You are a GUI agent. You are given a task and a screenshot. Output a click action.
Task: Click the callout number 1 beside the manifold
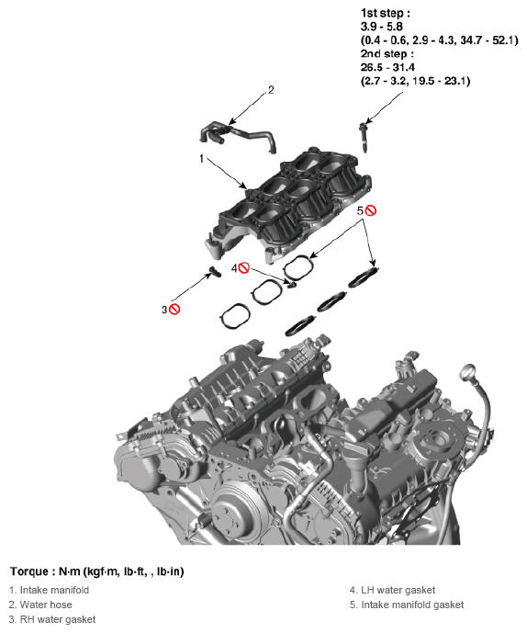pos(201,159)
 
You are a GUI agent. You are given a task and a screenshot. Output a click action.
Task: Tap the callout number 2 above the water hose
pos(270,90)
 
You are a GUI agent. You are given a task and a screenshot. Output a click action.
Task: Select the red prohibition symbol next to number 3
pos(174,310)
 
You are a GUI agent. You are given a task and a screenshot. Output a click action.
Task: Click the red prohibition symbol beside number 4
pos(244,267)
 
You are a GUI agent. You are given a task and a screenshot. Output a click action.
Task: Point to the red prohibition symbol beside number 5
pos(370,210)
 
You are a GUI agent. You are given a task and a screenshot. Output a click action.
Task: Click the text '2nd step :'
pos(387,54)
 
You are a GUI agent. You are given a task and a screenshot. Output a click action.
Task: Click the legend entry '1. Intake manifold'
pos(49,590)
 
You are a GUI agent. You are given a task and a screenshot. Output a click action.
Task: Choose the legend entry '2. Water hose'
pos(40,605)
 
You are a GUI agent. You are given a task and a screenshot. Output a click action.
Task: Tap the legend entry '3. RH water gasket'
pos(52,619)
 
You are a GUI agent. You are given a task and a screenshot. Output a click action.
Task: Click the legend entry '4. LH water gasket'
pos(392,590)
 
